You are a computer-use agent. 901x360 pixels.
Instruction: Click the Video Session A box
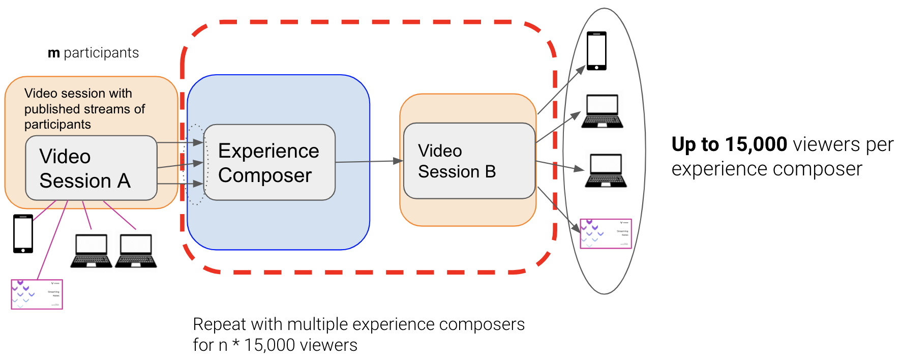coord(91,168)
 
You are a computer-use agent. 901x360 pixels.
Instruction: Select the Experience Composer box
coord(269,162)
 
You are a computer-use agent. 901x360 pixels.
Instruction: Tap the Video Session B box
coord(469,161)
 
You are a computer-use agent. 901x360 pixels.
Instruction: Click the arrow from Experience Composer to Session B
coord(369,162)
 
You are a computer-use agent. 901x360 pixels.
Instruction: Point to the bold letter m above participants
coord(53,53)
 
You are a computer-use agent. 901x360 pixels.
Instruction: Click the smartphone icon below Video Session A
coord(23,233)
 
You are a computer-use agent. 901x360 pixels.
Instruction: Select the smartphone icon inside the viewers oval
coord(596,51)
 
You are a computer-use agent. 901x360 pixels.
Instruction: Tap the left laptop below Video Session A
coord(91,251)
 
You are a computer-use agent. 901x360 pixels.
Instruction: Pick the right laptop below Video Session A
coord(136,251)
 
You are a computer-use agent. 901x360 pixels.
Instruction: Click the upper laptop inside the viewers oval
coord(603,111)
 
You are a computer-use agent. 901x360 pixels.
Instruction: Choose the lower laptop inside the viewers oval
coord(606,171)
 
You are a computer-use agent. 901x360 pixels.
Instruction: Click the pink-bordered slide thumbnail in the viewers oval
coord(606,234)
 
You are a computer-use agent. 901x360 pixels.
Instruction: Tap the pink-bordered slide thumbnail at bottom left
coord(37,294)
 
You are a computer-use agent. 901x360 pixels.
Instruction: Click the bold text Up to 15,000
coord(729,144)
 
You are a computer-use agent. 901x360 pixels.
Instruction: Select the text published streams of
coord(84,109)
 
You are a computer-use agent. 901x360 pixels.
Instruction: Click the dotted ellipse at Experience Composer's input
coord(196,164)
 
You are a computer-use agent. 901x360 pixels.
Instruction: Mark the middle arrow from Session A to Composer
coord(180,165)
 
